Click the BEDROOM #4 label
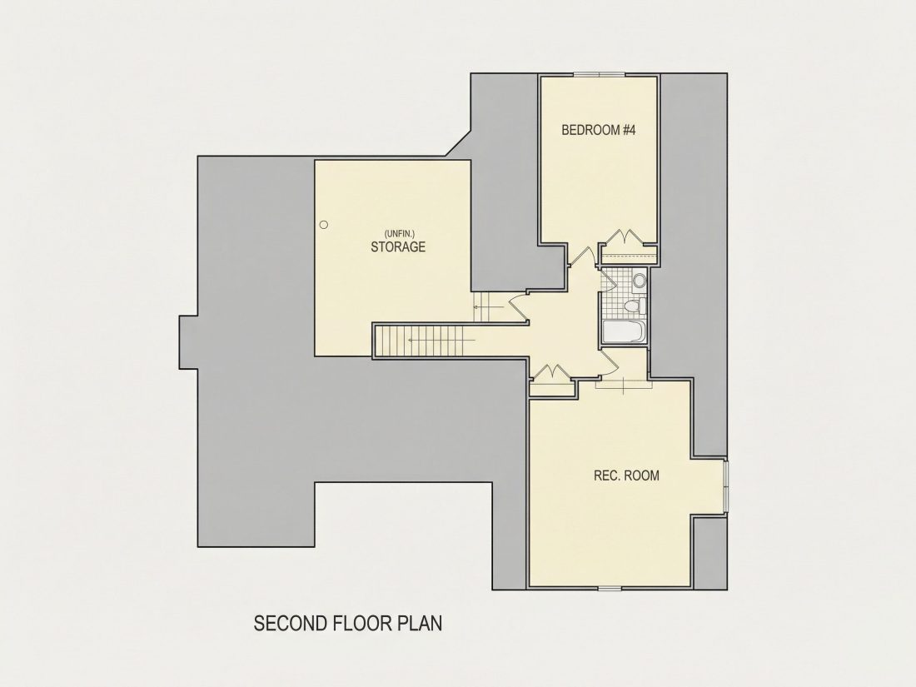(598, 130)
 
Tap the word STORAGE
(398, 246)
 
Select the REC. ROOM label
(626, 475)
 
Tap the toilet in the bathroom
(634, 306)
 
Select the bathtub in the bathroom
(623, 331)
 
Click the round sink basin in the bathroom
(639, 281)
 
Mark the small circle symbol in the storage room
(324, 224)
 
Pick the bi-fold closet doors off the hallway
(549, 371)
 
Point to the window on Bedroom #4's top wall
(599, 74)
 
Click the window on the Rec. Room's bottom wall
(610, 586)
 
